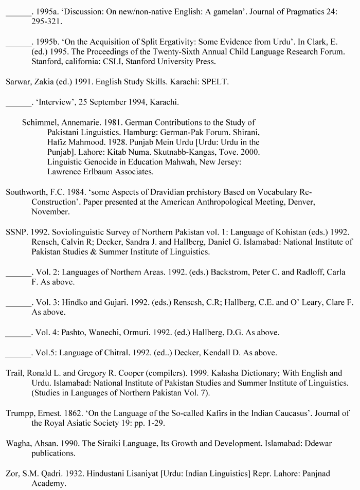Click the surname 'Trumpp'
pos(20,413)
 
